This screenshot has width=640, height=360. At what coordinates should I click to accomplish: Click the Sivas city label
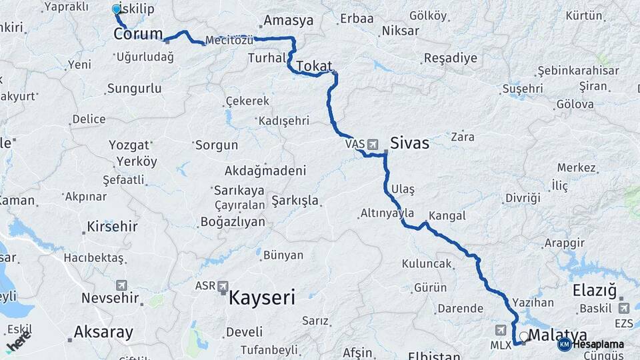point(409,143)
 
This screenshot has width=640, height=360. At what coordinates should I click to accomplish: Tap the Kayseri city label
point(261,297)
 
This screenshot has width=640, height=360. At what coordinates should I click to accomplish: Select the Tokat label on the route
point(313,65)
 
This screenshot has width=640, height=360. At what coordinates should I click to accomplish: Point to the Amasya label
point(288,20)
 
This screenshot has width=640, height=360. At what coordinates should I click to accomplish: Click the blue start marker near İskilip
point(117,9)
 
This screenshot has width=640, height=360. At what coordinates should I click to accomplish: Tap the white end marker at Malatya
point(524,337)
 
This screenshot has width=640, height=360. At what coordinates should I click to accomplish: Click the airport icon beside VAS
point(372,143)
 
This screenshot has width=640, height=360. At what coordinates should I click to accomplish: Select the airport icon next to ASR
point(223,285)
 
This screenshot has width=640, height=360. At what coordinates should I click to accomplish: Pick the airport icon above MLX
point(501,329)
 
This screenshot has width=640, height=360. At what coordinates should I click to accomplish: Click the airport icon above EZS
point(624,308)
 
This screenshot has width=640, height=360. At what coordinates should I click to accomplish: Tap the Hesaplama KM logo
point(564,344)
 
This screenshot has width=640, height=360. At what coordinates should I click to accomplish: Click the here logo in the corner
point(19,342)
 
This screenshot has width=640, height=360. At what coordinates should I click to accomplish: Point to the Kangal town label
point(447,216)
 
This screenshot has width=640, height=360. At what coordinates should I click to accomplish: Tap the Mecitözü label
point(229,40)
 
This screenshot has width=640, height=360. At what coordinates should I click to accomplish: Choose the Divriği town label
point(522,198)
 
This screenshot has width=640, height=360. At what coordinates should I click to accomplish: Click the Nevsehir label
point(110,297)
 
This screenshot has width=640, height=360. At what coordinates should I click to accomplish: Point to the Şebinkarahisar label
point(578,71)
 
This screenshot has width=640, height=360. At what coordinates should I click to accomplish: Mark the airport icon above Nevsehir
point(121,285)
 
